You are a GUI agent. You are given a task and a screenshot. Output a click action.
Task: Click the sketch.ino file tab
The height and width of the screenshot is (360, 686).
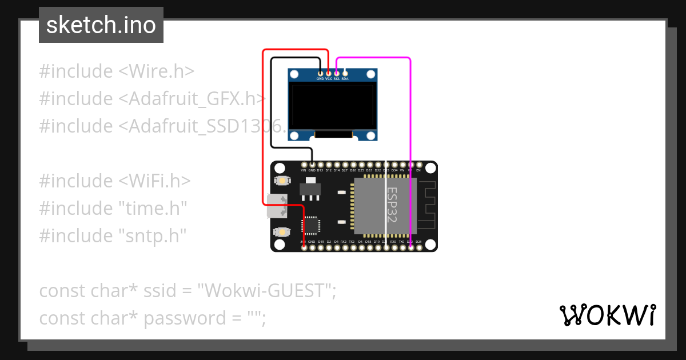coord(101,25)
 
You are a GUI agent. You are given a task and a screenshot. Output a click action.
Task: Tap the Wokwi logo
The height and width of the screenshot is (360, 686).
coord(607,315)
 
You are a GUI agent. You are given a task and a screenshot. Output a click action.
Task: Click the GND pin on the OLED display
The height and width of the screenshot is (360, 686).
coord(320,73)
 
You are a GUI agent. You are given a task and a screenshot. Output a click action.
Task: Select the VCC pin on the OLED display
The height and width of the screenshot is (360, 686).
coord(329,73)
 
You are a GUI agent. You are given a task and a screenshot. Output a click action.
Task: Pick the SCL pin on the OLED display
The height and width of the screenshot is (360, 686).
coord(337,73)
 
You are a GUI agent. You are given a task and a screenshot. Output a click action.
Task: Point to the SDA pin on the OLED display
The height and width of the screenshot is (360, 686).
coord(345,73)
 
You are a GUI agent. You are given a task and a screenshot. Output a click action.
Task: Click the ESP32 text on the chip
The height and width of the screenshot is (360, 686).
coord(393,205)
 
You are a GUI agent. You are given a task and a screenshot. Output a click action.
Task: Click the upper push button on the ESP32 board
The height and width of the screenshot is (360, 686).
coord(281,181)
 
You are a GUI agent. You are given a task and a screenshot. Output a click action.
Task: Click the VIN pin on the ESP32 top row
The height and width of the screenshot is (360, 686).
coord(304,165)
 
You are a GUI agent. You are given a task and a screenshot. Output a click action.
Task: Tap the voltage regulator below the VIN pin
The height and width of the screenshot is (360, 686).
coord(310,189)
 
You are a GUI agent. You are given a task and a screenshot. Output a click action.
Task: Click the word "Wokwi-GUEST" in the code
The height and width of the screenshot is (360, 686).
coord(266,290)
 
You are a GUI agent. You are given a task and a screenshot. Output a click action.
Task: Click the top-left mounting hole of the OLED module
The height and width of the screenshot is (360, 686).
coord(295,74)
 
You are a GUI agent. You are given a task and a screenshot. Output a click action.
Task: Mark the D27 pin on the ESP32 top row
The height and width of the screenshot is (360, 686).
coord(345,165)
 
